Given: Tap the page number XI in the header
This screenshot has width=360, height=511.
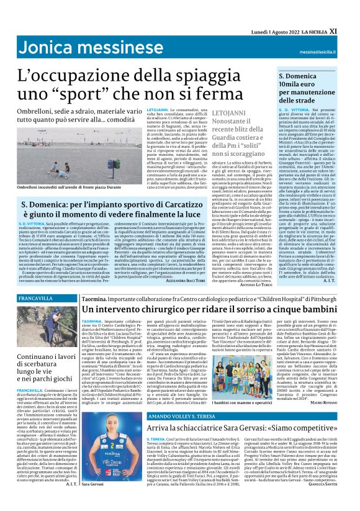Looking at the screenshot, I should pyautogui.click(x=350, y=11).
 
